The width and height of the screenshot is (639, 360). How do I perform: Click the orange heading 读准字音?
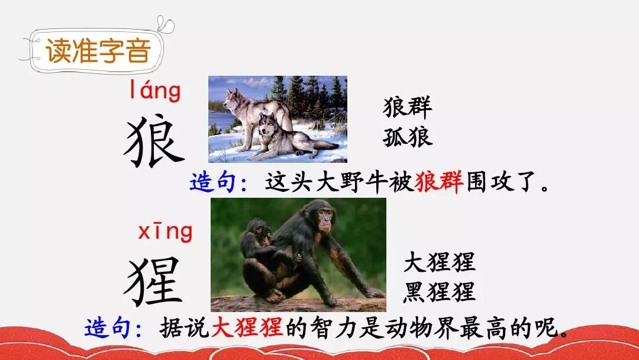point(98,51)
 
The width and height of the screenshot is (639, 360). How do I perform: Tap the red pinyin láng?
point(155,90)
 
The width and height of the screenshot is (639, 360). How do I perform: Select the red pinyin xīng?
point(165,232)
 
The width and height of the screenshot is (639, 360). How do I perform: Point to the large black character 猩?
point(154,281)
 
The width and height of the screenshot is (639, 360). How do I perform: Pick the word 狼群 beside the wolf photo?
point(407,107)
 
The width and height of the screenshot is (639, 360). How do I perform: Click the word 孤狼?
point(407,137)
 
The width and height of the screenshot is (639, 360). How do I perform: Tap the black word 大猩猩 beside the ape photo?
point(439,262)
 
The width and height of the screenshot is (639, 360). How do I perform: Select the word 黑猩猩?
point(439,292)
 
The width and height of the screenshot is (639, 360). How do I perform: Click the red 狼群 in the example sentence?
point(439,181)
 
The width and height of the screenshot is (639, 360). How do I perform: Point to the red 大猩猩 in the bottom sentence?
point(247,327)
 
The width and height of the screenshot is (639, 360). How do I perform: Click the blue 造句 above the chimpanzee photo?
point(213,182)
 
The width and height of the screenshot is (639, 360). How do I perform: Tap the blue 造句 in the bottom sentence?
point(108,327)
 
